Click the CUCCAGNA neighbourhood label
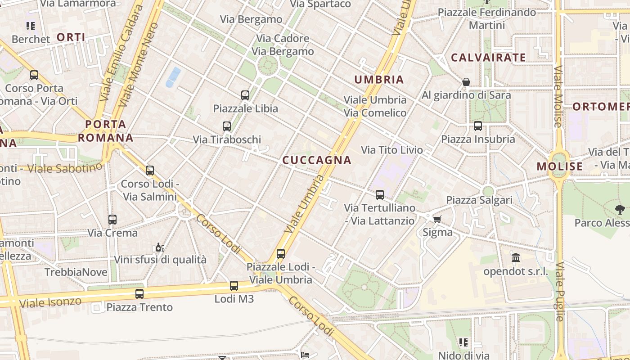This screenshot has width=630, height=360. pos(316,160)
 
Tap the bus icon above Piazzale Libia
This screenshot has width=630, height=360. pos(245,95)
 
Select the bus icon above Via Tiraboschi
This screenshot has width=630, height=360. pos(227,126)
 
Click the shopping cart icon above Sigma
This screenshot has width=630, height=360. pos(436,219)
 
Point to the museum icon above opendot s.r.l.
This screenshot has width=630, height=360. pos(516,258)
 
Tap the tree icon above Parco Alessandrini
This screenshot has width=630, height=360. pos(620,209)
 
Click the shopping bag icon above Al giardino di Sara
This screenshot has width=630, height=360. pos(466,82)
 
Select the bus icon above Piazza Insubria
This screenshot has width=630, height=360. pos(478,126)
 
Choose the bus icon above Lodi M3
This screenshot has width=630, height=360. pos(234,286)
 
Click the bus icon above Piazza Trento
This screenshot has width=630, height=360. pos(139,294)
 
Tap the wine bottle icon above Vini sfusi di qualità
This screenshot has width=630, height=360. pos(159,247)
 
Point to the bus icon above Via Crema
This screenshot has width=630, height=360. pos(112,220)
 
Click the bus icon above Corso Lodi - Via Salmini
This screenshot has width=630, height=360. pos(150,171)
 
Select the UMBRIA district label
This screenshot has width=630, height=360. pos(379,80)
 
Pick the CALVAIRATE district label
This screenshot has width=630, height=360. pos(488,58)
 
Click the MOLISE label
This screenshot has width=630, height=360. pos(559,166)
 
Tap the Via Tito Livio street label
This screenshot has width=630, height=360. pos(392,150)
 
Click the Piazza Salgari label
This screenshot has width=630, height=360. pos(479,200)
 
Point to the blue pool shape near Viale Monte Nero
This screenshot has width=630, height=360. pos(173,77)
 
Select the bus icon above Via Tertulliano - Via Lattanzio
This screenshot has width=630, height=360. pos(380,195)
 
